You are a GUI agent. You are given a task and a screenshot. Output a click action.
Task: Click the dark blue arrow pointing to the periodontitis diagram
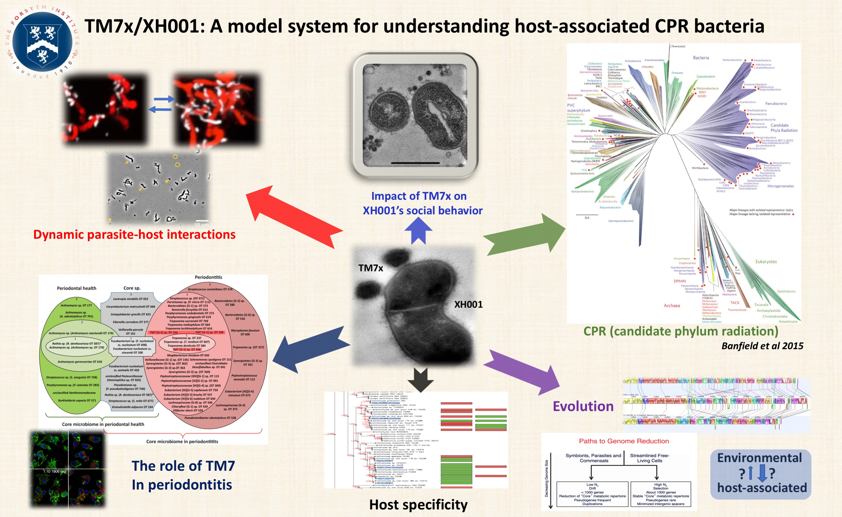311,349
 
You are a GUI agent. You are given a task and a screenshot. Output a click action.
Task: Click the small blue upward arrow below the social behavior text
418,231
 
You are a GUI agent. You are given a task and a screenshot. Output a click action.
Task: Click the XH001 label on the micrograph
468,304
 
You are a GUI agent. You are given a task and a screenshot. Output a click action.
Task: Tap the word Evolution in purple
583,406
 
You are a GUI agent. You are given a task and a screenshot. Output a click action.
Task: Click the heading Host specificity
418,504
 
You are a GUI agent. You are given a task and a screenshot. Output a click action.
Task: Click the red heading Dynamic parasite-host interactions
134,235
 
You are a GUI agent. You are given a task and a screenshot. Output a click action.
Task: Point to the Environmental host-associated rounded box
761,474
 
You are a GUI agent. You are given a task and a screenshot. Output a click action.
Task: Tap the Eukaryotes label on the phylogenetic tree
766,261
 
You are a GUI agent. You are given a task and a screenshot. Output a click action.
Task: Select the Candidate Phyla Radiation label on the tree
784,128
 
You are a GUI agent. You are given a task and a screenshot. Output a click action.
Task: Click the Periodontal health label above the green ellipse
76,288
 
